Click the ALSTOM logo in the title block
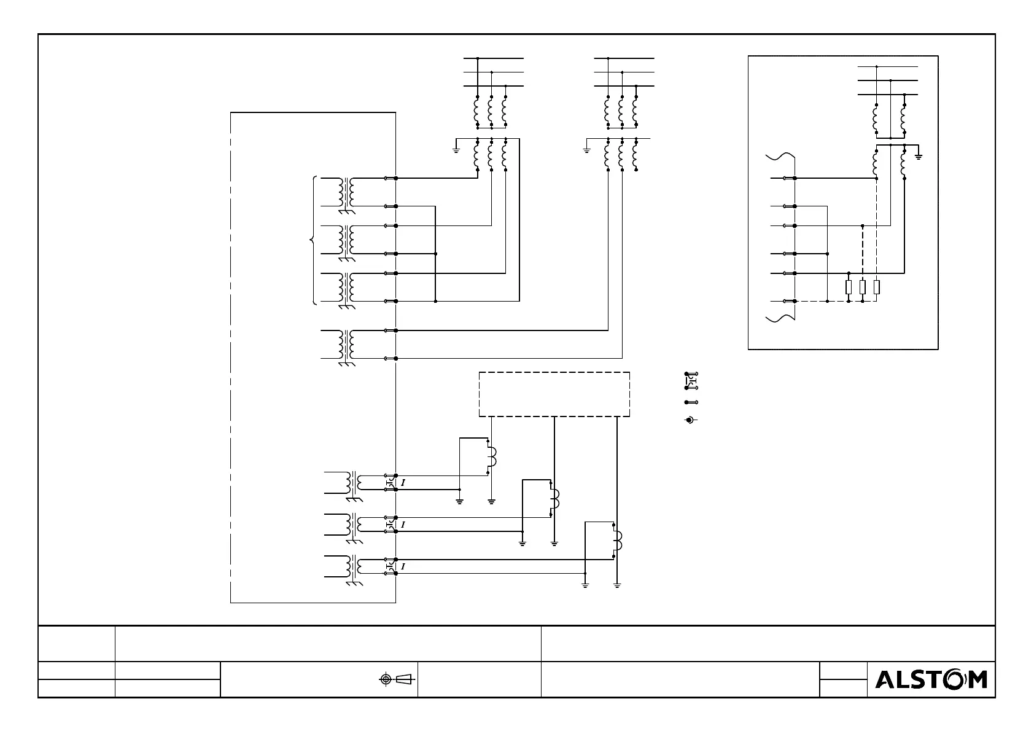(930, 679)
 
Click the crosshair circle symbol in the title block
(386, 679)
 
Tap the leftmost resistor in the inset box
(849, 287)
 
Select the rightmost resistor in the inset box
(876, 287)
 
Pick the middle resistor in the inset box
(863, 287)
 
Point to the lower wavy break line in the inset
(780, 317)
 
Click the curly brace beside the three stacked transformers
(314, 240)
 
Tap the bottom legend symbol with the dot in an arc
(691, 420)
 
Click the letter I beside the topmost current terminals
(403, 483)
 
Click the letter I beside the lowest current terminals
(403, 566)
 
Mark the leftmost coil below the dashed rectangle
(491, 458)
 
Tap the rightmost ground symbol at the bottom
(617, 585)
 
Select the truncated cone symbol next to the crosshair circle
(403, 679)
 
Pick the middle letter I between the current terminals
(403, 525)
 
